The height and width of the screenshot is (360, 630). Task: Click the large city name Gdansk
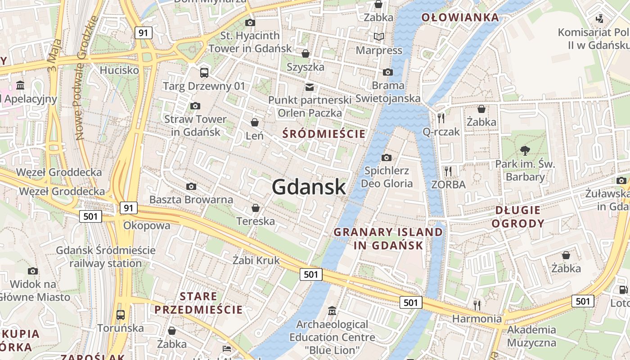point(309,187)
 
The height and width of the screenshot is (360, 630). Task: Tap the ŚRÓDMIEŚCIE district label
point(324,134)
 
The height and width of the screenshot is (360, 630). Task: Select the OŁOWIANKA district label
point(460,18)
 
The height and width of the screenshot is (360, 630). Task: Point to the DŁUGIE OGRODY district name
point(518,216)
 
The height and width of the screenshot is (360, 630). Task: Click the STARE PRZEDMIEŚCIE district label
point(198,303)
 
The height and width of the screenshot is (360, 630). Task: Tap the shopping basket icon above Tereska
point(256,207)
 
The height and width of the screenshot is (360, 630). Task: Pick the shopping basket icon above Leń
point(255,122)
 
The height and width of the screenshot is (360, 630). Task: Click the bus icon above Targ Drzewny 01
point(204,72)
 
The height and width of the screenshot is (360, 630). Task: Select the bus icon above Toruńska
point(120,315)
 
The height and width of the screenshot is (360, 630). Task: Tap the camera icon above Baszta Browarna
point(191,186)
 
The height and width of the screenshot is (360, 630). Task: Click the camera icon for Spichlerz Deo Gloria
point(386,157)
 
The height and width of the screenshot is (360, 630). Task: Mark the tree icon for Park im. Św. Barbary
point(525,150)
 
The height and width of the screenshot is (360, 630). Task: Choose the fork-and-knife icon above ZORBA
point(448,171)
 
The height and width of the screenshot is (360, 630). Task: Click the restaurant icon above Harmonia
point(477,305)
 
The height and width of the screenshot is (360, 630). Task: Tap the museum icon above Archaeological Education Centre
point(332,310)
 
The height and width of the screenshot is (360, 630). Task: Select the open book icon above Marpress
point(379,36)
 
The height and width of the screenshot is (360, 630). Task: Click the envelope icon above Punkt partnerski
point(310,87)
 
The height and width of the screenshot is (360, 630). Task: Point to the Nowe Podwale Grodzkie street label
point(85,77)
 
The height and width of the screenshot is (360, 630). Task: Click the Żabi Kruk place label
point(256,260)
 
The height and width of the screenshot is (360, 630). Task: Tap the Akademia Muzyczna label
point(531,336)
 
